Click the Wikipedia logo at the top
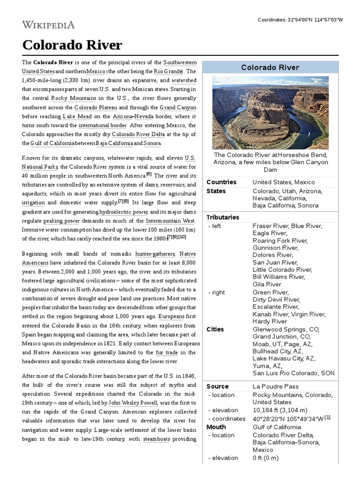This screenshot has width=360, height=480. [x=48, y=24]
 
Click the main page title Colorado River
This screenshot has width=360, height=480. [x=72, y=45]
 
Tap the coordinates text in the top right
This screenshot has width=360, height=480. [x=300, y=20]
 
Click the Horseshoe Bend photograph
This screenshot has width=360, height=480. [x=270, y=112]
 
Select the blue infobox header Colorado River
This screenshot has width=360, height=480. [x=270, y=67]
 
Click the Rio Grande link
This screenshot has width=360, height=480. [x=168, y=72]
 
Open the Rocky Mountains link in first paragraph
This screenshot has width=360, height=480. [x=74, y=98]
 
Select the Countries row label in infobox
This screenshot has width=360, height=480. [x=221, y=182]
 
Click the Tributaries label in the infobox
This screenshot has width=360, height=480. [x=223, y=217]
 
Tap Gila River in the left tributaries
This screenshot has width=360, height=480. [x=267, y=285]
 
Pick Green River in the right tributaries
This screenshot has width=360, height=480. [x=270, y=292]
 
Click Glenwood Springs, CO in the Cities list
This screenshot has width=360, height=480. [x=286, y=329]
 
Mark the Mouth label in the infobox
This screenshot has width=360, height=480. [x=216, y=427]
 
